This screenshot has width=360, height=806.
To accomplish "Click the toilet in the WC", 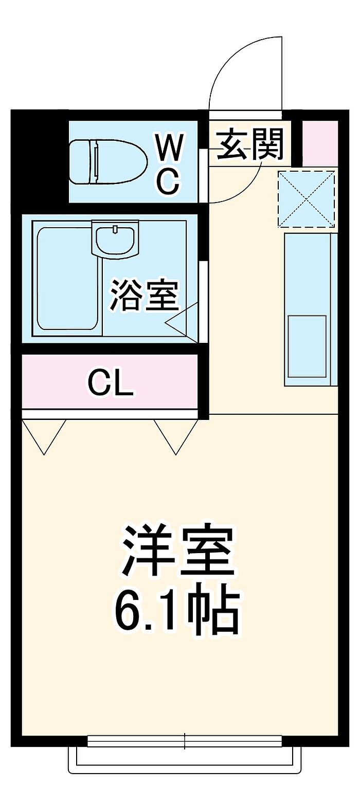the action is (x=108, y=162).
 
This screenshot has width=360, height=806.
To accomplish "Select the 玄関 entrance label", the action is (x=249, y=145).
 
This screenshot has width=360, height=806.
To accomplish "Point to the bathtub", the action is (x=68, y=278).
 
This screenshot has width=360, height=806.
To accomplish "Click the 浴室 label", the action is (x=145, y=295).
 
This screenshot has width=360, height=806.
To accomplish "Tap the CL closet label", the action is (x=111, y=383).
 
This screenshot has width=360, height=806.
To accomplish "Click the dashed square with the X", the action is (x=307, y=199).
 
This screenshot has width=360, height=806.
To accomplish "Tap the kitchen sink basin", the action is (x=307, y=346).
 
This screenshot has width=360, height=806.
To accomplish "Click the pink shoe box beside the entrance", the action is (x=320, y=143).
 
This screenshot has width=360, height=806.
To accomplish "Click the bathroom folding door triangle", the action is (x=182, y=322).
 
